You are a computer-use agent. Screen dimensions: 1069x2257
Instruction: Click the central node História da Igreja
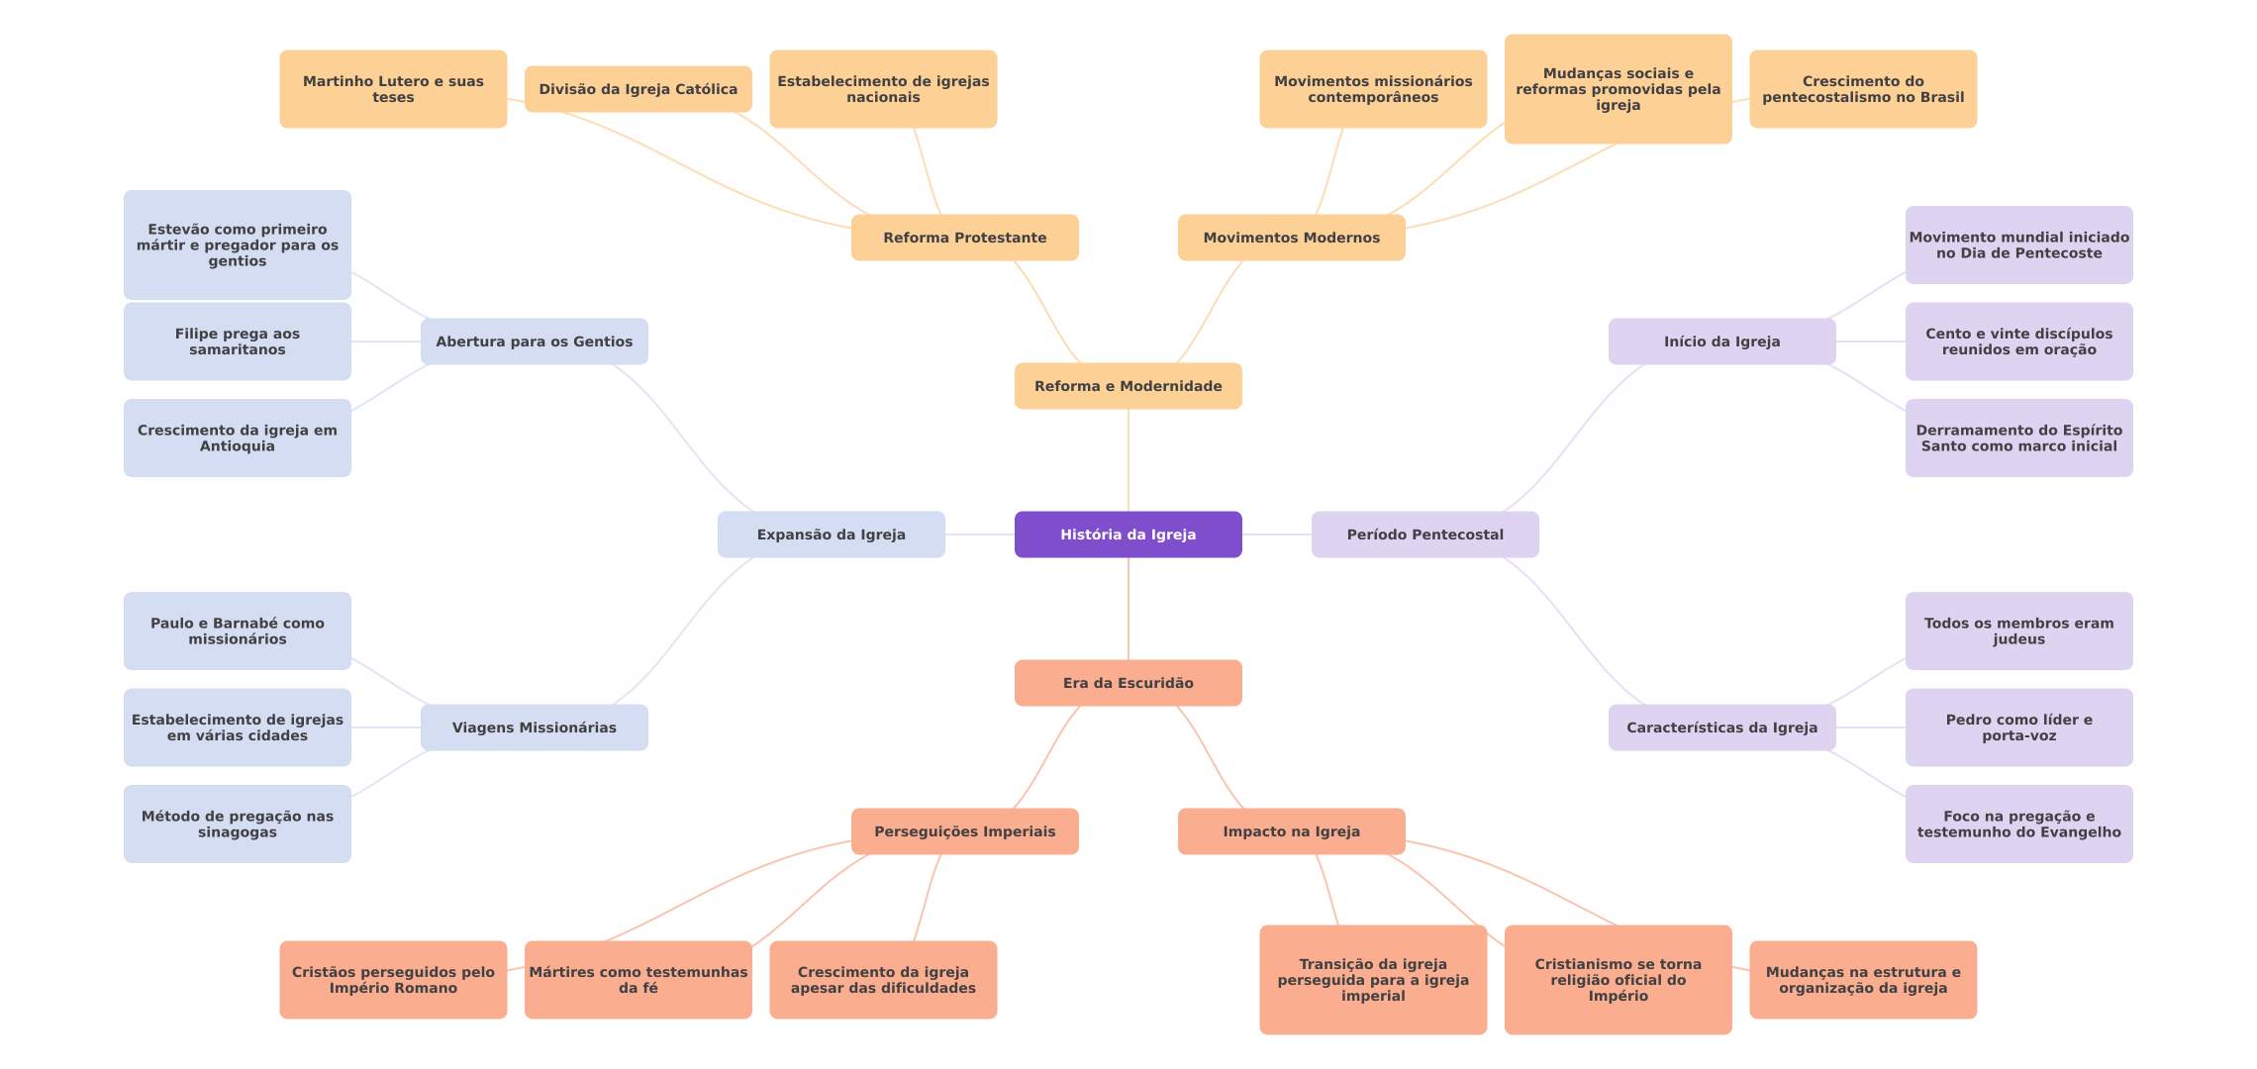coord(1128,534)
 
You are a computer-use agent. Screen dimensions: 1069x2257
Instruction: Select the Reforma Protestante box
coord(964,238)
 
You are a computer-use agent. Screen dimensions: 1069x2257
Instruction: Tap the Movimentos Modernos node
coord(1291,238)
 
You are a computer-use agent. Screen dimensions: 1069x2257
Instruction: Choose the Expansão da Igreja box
coord(831,534)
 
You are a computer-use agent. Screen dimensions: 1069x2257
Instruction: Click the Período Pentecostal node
coord(1424,534)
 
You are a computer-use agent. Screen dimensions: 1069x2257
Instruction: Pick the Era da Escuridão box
coord(1128,683)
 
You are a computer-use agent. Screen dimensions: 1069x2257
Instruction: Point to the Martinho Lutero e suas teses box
coord(393,89)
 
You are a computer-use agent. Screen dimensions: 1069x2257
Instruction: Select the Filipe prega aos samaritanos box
coord(238,341)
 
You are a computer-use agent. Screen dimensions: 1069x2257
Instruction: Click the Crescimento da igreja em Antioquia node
coord(238,437)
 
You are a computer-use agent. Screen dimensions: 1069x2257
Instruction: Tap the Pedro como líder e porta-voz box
coord(2018,728)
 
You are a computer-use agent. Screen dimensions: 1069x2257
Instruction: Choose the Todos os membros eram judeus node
coord(2018,631)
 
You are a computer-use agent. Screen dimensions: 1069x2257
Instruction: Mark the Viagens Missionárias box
coord(534,728)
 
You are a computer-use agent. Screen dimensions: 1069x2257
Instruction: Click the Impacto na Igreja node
coord(1291,831)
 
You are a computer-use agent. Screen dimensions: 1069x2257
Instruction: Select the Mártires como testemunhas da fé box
coord(638,980)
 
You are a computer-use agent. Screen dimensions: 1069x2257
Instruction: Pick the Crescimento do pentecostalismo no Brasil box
coord(1862,89)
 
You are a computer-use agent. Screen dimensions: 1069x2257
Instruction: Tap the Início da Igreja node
coord(1721,341)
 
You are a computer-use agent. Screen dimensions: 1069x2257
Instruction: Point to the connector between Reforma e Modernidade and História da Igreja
coord(1128,460)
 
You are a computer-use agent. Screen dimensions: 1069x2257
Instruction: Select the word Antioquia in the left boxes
coord(238,446)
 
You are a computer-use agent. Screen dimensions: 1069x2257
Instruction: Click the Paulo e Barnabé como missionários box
coord(238,631)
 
